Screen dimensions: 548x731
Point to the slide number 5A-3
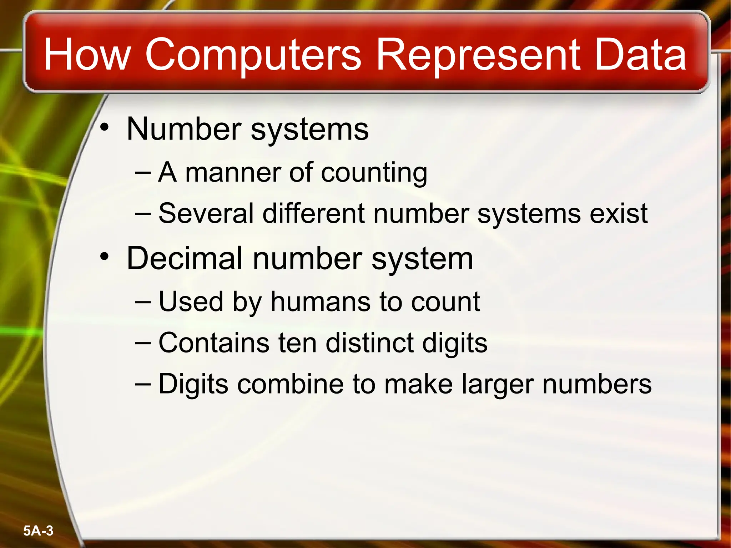click(x=38, y=531)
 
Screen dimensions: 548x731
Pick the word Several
click(x=206, y=214)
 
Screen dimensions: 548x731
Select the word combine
click(x=291, y=385)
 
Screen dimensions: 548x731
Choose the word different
click(x=314, y=214)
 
